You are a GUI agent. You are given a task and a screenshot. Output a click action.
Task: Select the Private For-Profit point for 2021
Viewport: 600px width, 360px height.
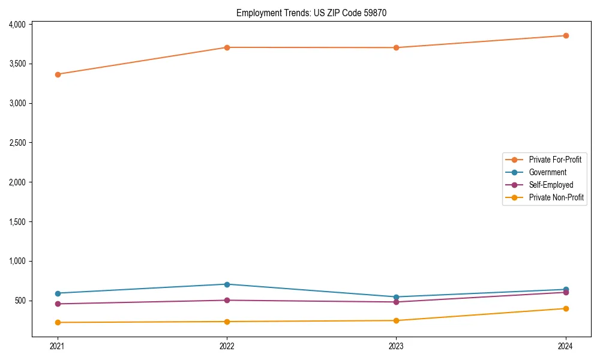tap(58, 74)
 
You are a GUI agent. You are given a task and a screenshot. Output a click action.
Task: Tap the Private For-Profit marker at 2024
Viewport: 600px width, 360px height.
tap(566, 35)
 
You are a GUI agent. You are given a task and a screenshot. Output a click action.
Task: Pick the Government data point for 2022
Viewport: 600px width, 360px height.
tap(227, 284)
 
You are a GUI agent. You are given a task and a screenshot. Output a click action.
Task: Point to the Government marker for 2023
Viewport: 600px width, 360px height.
tap(397, 297)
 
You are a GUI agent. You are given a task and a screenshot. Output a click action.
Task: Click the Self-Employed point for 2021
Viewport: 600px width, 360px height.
tap(58, 304)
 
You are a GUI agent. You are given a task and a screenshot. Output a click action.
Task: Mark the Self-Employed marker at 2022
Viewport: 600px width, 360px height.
tap(227, 300)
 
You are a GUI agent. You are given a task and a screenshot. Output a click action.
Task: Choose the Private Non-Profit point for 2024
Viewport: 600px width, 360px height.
tap(566, 308)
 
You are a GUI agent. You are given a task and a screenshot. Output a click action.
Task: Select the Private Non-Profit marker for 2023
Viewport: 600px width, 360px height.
tap(397, 320)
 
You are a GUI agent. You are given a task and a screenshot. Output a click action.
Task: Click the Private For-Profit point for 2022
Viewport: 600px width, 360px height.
tap(227, 47)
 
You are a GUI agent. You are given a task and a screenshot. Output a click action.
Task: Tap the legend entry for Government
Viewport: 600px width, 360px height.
tap(547, 172)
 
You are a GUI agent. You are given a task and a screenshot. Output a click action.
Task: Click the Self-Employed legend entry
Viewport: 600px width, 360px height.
tap(551, 185)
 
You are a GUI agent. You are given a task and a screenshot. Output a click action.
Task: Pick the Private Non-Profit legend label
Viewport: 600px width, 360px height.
tap(556, 197)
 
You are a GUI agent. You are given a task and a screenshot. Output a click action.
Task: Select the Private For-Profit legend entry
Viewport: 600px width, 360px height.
tap(555, 160)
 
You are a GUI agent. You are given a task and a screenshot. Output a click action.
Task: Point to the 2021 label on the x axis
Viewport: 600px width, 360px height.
tap(58, 346)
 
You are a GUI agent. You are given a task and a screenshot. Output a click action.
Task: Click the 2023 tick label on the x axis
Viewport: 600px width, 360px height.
tap(397, 346)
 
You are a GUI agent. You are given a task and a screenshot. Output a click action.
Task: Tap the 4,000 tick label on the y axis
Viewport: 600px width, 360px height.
tap(17, 25)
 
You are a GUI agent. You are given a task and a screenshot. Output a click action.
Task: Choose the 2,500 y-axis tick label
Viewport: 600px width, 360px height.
tap(17, 143)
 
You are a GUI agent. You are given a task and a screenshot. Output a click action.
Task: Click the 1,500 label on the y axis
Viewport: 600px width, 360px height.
tap(17, 222)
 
